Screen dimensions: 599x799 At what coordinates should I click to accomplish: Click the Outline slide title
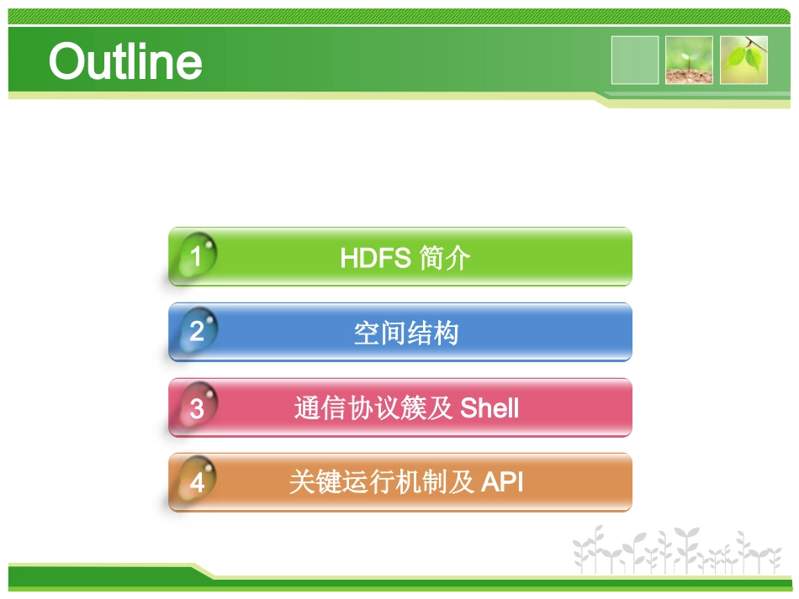click(x=125, y=61)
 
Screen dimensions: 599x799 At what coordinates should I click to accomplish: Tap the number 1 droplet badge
click(x=197, y=256)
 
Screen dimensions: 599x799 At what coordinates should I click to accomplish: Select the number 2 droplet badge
click(x=197, y=331)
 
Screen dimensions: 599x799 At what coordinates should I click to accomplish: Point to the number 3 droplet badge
click(x=197, y=408)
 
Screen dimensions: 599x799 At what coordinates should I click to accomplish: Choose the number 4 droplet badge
click(x=197, y=483)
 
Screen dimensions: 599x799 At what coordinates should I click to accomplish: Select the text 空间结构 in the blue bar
click(x=405, y=334)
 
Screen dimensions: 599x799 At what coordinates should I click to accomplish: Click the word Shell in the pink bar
click(x=490, y=408)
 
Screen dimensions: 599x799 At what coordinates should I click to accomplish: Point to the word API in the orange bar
click(x=503, y=482)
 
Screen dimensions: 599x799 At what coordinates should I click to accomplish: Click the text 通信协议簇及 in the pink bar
click(x=374, y=408)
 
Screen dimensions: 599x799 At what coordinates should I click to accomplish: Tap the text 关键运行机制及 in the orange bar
click(x=382, y=482)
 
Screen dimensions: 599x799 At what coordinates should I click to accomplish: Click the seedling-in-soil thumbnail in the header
click(x=689, y=60)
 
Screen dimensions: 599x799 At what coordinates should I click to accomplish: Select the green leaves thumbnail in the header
click(x=743, y=60)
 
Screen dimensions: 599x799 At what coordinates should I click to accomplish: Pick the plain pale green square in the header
click(x=635, y=60)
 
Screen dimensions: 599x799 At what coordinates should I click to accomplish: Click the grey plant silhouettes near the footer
click(x=677, y=550)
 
